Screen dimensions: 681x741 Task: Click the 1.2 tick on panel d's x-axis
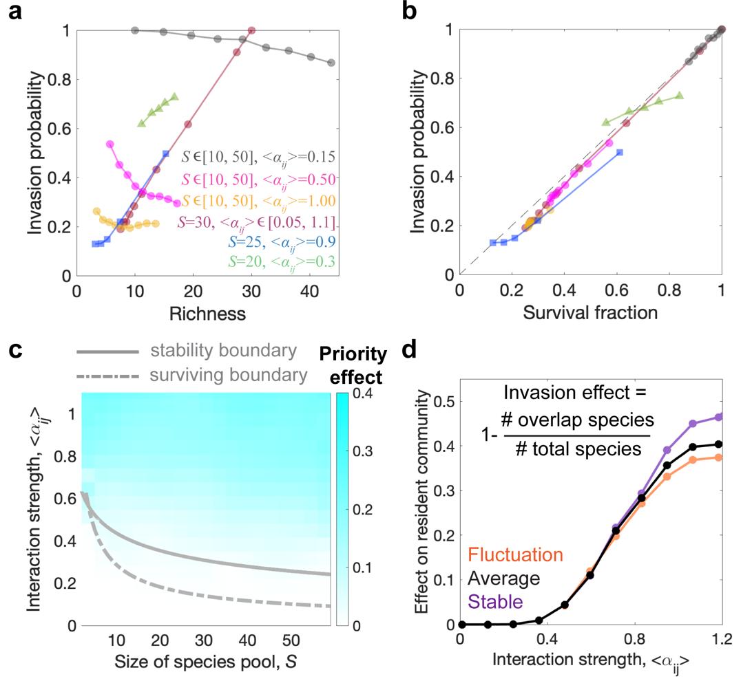coord(720,639)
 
